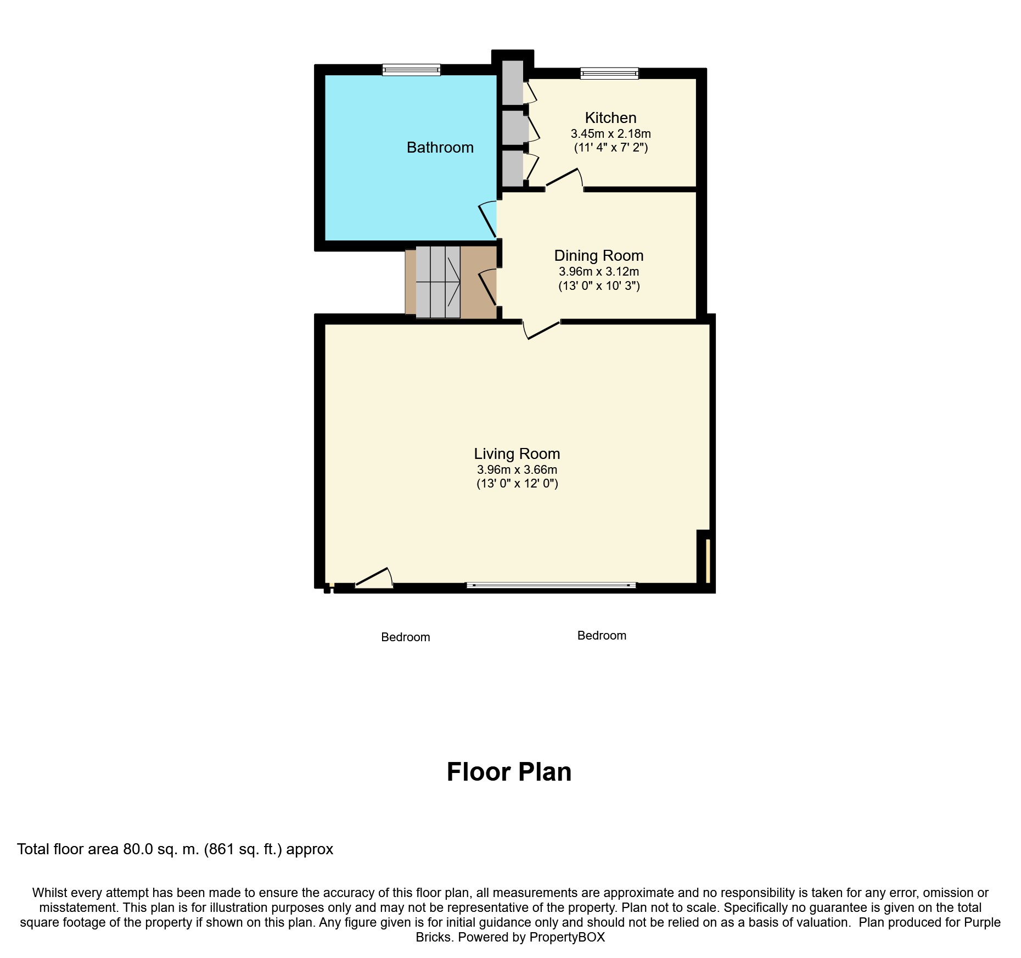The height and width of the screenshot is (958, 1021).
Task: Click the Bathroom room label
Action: (x=440, y=147)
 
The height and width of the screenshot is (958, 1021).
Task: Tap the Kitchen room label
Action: (x=610, y=117)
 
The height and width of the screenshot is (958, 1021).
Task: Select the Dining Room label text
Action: (x=598, y=255)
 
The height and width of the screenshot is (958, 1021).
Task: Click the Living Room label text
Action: (x=517, y=453)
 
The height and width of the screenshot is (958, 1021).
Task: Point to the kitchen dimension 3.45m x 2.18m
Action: (x=610, y=133)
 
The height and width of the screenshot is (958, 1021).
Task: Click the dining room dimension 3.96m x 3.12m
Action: (x=598, y=271)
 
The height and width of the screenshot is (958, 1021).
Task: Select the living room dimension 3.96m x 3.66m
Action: (x=517, y=469)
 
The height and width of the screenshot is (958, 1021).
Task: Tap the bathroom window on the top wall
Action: (x=411, y=70)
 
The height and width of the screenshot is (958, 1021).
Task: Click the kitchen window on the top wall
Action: (x=609, y=73)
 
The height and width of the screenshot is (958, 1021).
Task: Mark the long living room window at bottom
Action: (x=551, y=585)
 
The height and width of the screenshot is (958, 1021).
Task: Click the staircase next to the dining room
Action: (x=437, y=282)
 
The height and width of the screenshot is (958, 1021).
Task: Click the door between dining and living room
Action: (x=541, y=329)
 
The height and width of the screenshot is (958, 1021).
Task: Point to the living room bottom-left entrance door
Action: (x=374, y=579)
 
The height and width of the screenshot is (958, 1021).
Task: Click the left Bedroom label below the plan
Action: (x=405, y=637)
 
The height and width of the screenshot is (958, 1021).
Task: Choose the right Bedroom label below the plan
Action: (x=602, y=635)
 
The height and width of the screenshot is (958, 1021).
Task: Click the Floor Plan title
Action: (x=509, y=771)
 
